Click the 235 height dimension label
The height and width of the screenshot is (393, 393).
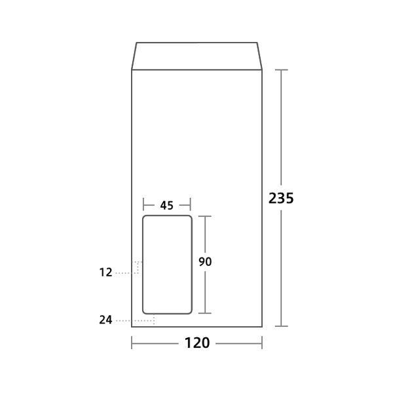[281, 198]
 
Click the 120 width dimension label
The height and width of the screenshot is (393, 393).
[197, 343]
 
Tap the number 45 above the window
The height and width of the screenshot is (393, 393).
[166, 205]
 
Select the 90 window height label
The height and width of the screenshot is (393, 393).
[205, 261]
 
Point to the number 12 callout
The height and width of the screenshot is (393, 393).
[106, 271]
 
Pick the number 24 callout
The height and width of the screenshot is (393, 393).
[106, 320]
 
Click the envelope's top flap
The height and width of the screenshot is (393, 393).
[197, 56]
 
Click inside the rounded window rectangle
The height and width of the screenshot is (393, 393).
[167, 265]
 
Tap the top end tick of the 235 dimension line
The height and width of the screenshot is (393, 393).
[282, 69]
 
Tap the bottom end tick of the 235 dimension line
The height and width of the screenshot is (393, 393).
[282, 326]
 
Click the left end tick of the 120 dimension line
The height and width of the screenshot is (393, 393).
[132, 343]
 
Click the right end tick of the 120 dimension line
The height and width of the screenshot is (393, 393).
[262, 343]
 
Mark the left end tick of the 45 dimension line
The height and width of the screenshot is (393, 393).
[143, 205]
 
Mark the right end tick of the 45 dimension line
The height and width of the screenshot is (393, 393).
[191, 205]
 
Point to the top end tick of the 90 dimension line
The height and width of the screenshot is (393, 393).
[205, 215]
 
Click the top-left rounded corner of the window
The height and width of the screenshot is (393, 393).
[145, 217]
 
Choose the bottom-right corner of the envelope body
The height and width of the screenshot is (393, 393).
[262, 326]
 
